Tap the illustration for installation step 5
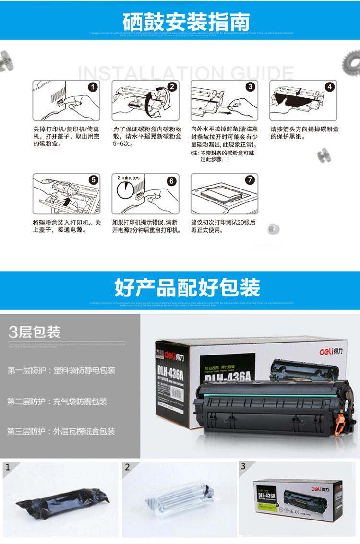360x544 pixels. coord(67,194)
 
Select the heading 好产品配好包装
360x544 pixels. coord(187,288)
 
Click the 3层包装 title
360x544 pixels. coord(35,332)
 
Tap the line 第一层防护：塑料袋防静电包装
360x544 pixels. coord(61,370)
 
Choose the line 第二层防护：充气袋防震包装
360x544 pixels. coord(57,401)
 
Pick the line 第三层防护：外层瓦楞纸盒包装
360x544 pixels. coord(61,431)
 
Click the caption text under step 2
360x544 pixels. coord(146,136)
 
